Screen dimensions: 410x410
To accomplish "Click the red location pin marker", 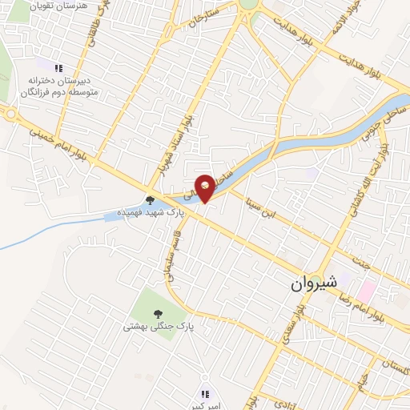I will (206, 187).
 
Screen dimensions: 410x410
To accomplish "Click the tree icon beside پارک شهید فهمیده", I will (149, 201).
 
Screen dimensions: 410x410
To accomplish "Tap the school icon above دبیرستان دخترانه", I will (58, 67).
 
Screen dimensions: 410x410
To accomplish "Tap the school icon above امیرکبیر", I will (204, 393).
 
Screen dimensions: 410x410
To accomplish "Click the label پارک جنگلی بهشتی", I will (159, 327).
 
